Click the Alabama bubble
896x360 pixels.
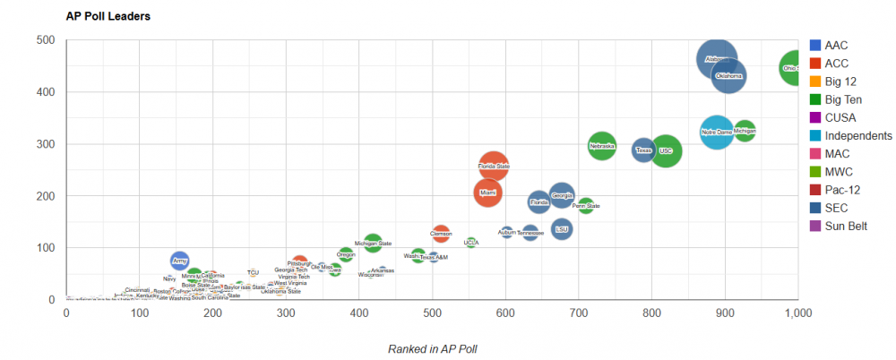[x=716, y=59]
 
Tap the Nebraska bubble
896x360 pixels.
[x=602, y=145]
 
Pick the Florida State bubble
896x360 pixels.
[x=494, y=166]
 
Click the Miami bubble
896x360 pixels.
[x=487, y=193]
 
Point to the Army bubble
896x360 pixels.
[x=180, y=261]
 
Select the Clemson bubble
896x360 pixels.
[x=441, y=234]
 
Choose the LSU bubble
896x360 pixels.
[x=562, y=229]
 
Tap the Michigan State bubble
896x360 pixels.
[x=373, y=243]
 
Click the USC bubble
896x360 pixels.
[x=665, y=150]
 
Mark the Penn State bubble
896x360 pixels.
[x=586, y=206]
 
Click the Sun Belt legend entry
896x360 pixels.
[x=845, y=226]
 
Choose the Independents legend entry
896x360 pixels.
[x=857, y=135]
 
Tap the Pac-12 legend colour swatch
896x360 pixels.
[x=814, y=190]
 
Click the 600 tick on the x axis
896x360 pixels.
[x=505, y=313]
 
